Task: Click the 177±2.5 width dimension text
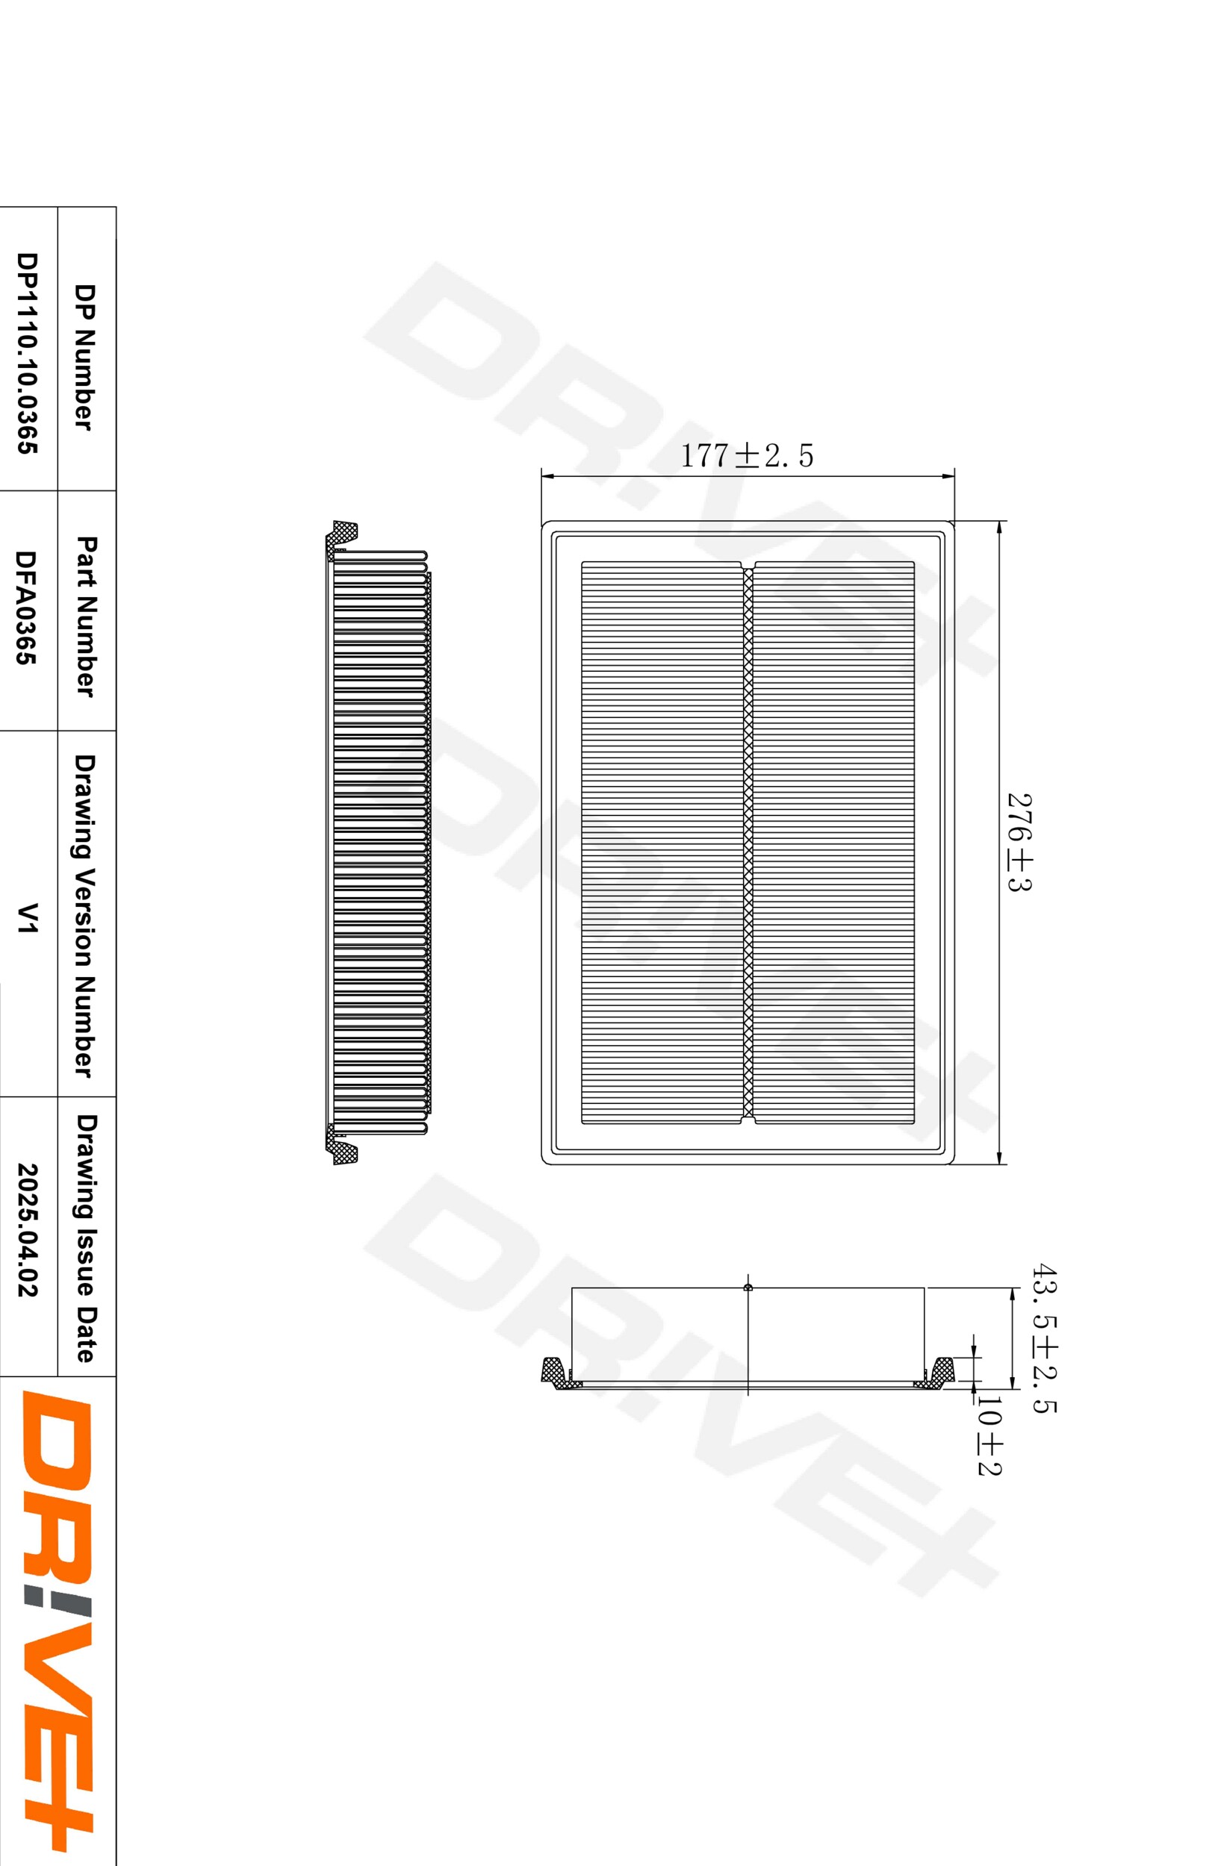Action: pyautogui.click(x=746, y=455)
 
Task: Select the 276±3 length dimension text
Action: pyautogui.click(x=1019, y=842)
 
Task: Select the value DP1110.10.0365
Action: pyautogui.click(x=27, y=353)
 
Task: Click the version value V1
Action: pyautogui.click(x=28, y=917)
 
